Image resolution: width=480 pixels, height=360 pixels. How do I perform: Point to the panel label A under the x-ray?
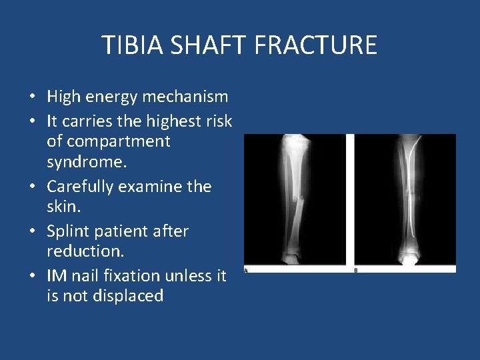[246, 271]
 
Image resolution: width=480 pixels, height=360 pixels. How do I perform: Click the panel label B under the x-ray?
[355, 271]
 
